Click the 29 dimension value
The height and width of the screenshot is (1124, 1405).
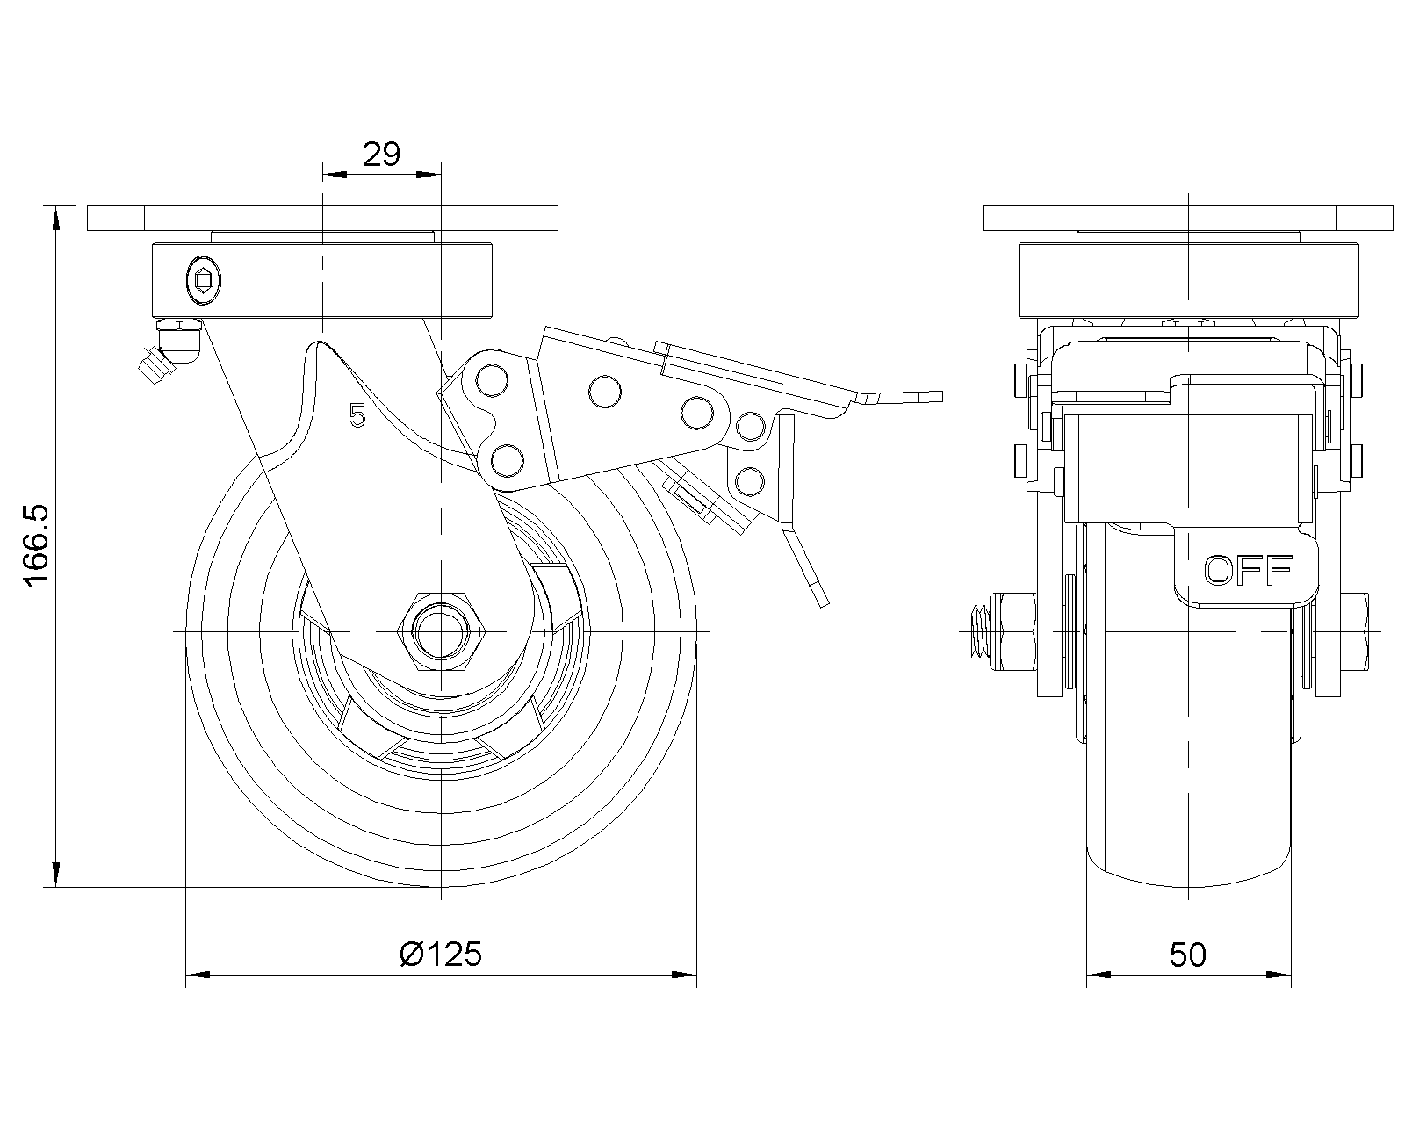[x=381, y=155]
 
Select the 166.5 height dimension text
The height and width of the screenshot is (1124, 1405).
[x=36, y=546]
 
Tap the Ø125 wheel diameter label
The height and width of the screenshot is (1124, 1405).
[x=440, y=954]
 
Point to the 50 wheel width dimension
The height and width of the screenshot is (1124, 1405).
[x=1187, y=955]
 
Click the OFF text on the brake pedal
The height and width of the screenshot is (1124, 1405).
[x=1248, y=571]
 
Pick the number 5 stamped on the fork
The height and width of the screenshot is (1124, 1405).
[x=357, y=415]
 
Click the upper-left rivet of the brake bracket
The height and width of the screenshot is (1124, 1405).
[x=492, y=380]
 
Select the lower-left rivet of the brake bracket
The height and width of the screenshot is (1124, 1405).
[x=508, y=458]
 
